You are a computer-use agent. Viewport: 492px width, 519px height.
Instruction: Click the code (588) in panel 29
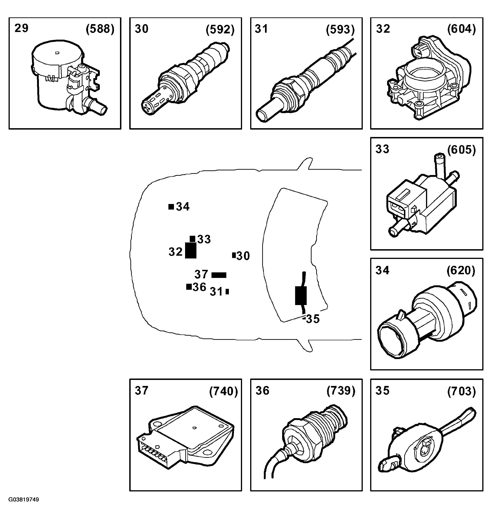pyautogui.click(x=100, y=29)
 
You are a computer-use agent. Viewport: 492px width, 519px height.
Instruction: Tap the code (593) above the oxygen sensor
pyautogui.click(x=340, y=30)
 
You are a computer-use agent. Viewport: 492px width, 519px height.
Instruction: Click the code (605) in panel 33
pyautogui.click(x=462, y=150)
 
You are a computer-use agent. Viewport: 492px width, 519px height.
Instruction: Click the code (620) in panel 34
pyautogui.click(x=461, y=271)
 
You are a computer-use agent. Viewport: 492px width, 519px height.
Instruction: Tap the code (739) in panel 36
pyautogui.click(x=341, y=391)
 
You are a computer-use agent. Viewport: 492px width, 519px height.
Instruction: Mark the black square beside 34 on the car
pyautogui.click(x=171, y=207)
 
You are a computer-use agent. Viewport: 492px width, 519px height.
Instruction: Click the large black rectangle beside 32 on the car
pyautogui.click(x=191, y=251)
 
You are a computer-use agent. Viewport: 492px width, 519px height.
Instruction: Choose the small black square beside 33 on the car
pyautogui.click(x=192, y=239)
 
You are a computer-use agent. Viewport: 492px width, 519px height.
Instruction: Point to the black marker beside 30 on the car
pyautogui.click(x=234, y=255)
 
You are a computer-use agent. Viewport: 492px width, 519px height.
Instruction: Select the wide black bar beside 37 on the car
pyautogui.click(x=219, y=275)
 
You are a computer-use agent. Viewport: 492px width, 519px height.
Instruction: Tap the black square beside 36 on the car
pyautogui.click(x=189, y=287)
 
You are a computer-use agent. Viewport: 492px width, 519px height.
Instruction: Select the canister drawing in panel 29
pyautogui.click(x=66, y=79)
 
